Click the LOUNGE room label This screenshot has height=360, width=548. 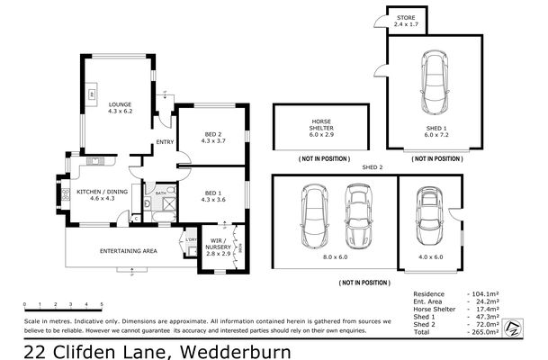coord(120,103)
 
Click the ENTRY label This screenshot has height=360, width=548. coord(165,142)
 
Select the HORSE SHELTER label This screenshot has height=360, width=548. coord(321,124)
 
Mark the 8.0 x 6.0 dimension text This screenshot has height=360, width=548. coord(336,257)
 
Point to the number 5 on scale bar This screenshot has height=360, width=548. coord(102,305)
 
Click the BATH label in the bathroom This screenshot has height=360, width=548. coord(159,193)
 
